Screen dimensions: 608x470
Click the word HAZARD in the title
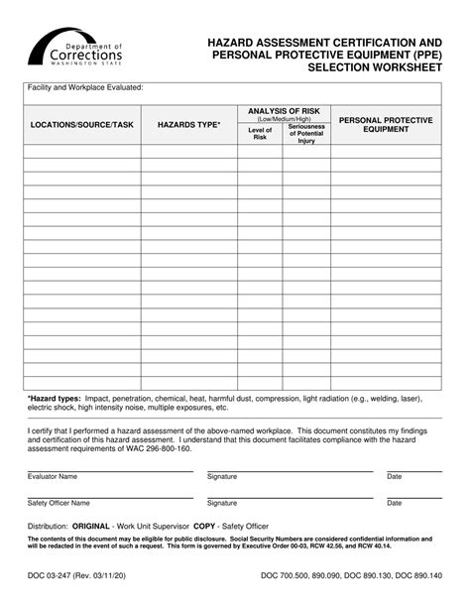pos(236,45)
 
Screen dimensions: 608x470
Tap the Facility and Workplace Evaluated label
pos(85,87)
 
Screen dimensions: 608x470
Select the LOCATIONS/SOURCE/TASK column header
pos(81,125)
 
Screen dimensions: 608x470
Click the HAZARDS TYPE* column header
pos(188,125)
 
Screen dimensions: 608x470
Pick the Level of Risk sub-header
pos(260,134)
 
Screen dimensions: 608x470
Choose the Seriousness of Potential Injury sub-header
pos(305,134)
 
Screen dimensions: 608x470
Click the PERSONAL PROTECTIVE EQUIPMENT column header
pos(386,124)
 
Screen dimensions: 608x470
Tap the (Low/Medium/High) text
pos(284,118)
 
